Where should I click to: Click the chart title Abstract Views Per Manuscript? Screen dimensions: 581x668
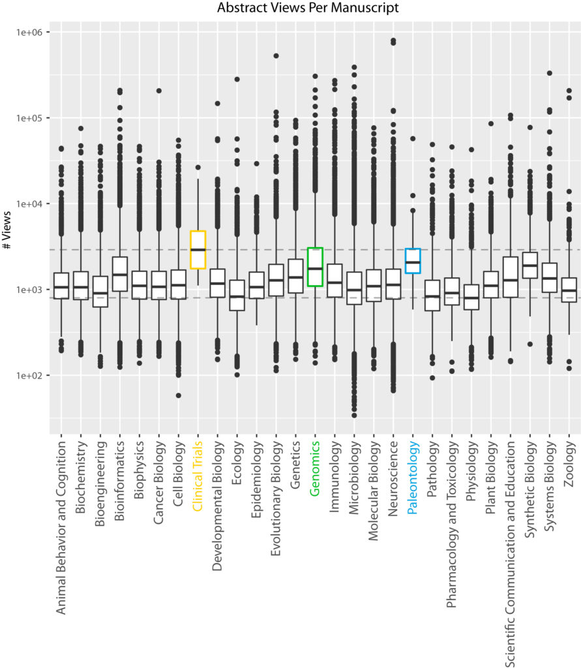coord(308,8)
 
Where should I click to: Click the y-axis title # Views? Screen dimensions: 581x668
coord(7,230)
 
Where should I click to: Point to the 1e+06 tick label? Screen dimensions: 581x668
coord(30,33)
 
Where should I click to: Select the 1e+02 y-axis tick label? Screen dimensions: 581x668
coord(30,376)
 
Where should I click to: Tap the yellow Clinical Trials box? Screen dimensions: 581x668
coord(198,250)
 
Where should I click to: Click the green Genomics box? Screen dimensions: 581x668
coord(315,267)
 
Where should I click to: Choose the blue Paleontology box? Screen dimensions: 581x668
coord(413,261)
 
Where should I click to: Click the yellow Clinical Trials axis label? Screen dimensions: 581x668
coord(198,476)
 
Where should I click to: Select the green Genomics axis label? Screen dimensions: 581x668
coord(315,468)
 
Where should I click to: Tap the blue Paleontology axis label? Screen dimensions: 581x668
coord(412,478)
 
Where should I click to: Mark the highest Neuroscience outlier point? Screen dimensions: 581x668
coord(393,40)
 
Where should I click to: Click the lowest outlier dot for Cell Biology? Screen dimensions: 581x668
coord(179,396)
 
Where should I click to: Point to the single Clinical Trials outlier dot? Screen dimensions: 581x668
coord(198,168)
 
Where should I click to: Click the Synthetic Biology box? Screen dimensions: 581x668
coord(530,265)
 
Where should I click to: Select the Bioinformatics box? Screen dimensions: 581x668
coord(120,274)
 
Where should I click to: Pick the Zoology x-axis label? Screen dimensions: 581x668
coord(569,464)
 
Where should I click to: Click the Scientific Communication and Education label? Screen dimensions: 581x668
coord(510,554)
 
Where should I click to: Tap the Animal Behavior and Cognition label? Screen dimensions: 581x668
coord(61,527)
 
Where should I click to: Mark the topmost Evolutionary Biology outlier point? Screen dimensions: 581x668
coord(276,56)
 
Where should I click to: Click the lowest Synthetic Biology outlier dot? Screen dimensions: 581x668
coord(530,344)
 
